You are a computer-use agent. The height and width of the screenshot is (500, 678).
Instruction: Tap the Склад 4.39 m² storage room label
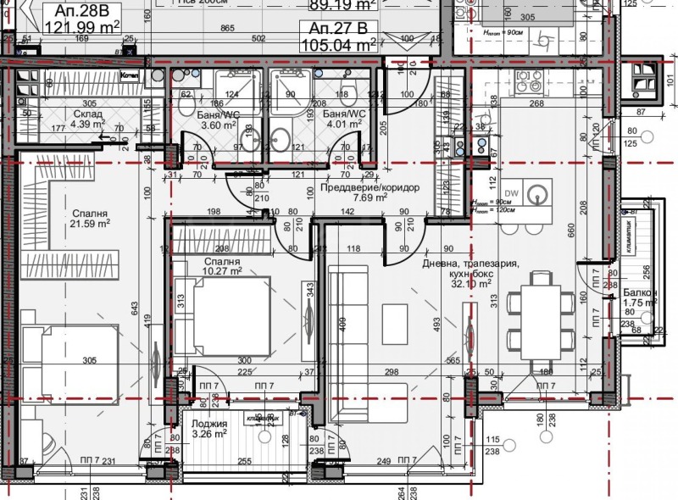86,119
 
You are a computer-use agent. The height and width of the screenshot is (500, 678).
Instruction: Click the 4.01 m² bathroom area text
346,125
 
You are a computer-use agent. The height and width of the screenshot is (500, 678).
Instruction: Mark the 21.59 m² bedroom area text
91,224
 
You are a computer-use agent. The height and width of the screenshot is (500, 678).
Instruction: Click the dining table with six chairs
537,315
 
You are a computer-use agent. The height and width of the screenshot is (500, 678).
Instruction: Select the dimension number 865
226,29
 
